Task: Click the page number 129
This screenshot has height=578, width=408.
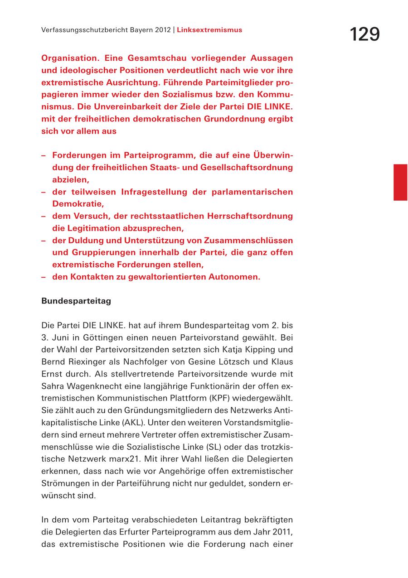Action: click(x=364, y=34)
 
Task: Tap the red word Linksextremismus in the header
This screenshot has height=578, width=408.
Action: click(x=209, y=30)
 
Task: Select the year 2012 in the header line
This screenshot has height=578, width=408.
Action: click(x=162, y=30)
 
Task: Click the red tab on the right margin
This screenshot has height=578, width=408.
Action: click(x=400, y=182)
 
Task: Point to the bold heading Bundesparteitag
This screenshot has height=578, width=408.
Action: click(x=76, y=301)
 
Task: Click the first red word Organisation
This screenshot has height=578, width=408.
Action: click(x=70, y=58)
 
